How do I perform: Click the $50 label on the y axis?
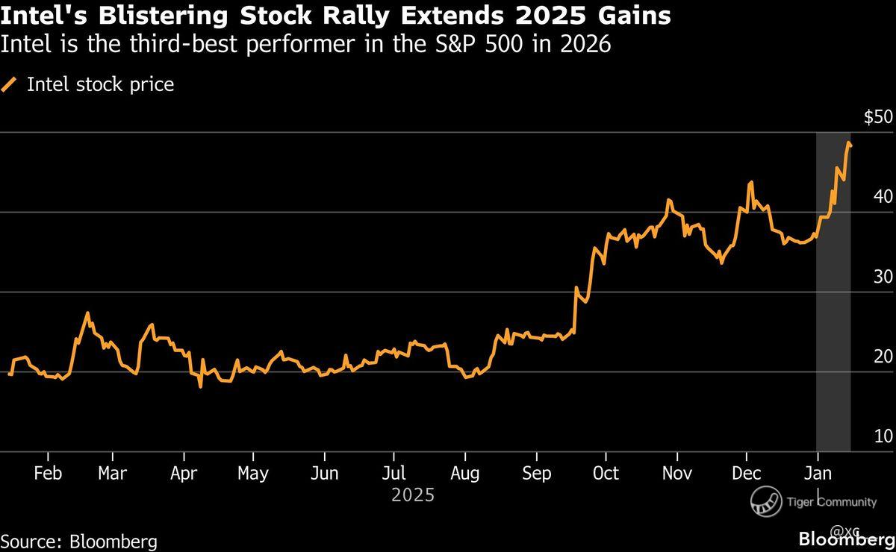click(x=877, y=118)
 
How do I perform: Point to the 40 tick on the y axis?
click(x=884, y=197)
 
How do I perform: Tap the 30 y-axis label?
click(x=884, y=277)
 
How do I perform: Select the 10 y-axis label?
click(x=884, y=436)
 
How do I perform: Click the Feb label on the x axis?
click(x=48, y=474)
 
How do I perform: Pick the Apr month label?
click(x=183, y=474)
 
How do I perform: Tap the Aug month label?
click(x=465, y=474)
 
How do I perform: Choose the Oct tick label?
click(x=606, y=474)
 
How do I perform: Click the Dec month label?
click(x=746, y=474)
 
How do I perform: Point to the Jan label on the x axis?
click(x=818, y=474)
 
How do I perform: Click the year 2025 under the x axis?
click(x=412, y=495)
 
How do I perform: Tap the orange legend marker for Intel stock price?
click(x=10, y=85)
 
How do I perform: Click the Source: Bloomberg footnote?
click(x=78, y=541)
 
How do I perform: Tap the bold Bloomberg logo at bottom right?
click(x=846, y=539)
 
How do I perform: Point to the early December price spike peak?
click(x=750, y=182)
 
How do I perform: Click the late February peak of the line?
click(x=87, y=313)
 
